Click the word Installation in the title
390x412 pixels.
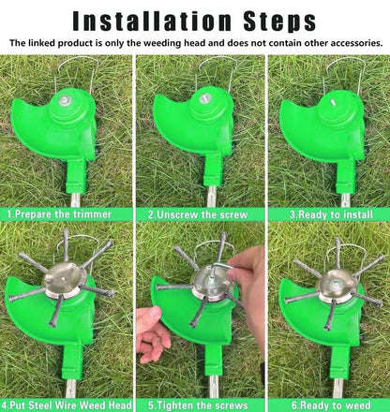click(x=147, y=20)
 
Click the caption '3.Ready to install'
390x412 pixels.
click(x=325, y=214)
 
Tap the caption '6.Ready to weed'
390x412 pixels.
click(x=325, y=405)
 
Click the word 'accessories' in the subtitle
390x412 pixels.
click(x=351, y=43)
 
